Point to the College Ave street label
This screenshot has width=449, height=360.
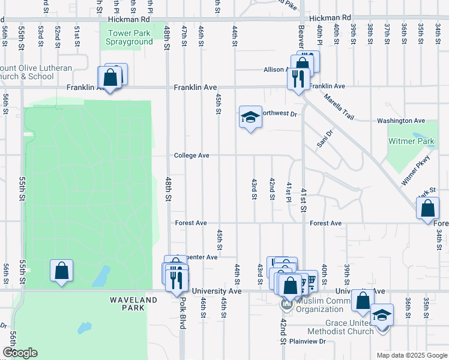pos(191,155)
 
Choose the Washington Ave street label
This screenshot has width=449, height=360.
pos(401,121)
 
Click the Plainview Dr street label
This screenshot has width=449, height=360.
pos(307,341)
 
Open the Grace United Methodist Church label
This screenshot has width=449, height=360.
pos(340,326)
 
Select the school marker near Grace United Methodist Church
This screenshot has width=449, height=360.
pos(381,316)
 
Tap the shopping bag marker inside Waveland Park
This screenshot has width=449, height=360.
pos(61,271)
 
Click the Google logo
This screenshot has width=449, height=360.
pos(20,353)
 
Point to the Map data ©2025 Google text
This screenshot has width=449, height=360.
pos(411,355)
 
